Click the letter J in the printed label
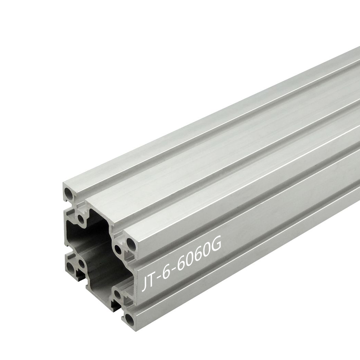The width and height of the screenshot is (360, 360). pos(144,284)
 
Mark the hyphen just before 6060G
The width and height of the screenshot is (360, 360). pos(174,268)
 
